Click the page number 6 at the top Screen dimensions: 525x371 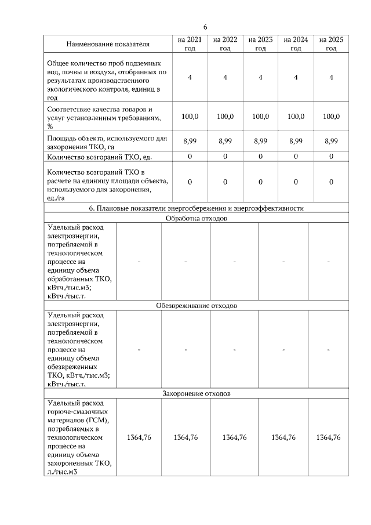tap(205, 27)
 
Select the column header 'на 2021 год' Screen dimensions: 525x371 tap(190, 44)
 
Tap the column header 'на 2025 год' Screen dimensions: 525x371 tap(331, 44)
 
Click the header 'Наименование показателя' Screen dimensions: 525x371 tap(108, 44)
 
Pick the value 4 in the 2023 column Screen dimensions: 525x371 tap(260, 78)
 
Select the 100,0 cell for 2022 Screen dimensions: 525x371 tap(225, 117)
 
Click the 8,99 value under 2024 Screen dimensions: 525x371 tap(296, 140)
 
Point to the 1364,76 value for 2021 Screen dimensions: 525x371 tap(139, 437)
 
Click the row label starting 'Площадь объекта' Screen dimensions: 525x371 tap(107, 142)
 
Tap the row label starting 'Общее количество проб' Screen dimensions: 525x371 tap(104, 78)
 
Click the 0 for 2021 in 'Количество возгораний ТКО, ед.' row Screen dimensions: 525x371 tap(190, 156)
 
